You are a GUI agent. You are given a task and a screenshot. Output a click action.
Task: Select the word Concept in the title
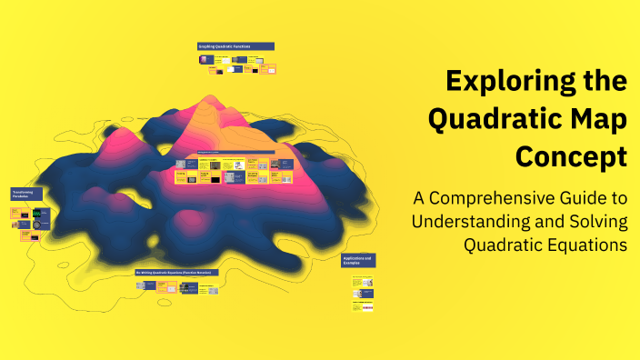click(571, 155)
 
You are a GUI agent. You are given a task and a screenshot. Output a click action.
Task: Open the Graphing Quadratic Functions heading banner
click(235, 46)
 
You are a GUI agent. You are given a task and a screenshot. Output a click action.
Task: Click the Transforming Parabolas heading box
click(27, 195)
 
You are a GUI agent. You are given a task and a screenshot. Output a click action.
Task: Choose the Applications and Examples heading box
click(358, 261)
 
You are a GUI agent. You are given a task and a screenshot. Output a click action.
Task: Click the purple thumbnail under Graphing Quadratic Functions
click(205, 59)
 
